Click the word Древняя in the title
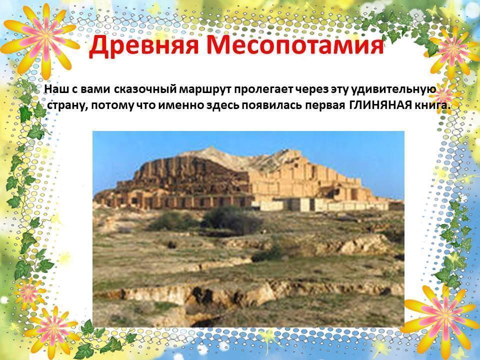pos(144,47)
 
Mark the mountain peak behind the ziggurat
pos(210,148)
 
